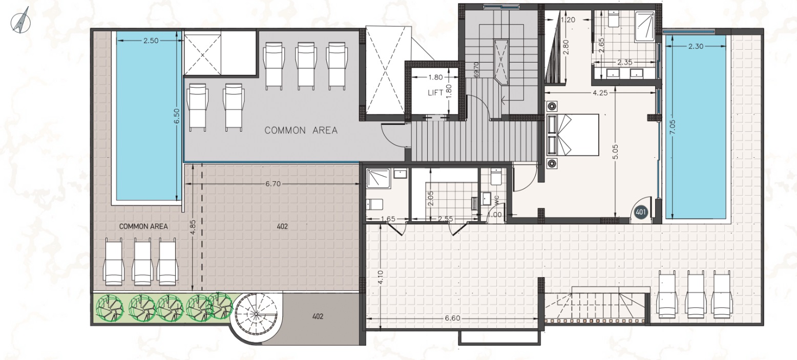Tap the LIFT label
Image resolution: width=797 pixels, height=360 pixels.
click(435, 93)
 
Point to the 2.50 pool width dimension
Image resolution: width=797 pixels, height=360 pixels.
click(150, 40)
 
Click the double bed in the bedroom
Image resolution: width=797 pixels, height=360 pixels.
click(573, 135)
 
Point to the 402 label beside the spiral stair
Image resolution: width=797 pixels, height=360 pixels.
click(318, 316)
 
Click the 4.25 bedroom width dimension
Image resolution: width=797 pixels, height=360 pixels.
click(599, 93)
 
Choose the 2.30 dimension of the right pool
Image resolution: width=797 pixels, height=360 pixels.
click(696, 46)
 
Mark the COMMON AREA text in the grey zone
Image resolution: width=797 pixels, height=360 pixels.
click(301, 131)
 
